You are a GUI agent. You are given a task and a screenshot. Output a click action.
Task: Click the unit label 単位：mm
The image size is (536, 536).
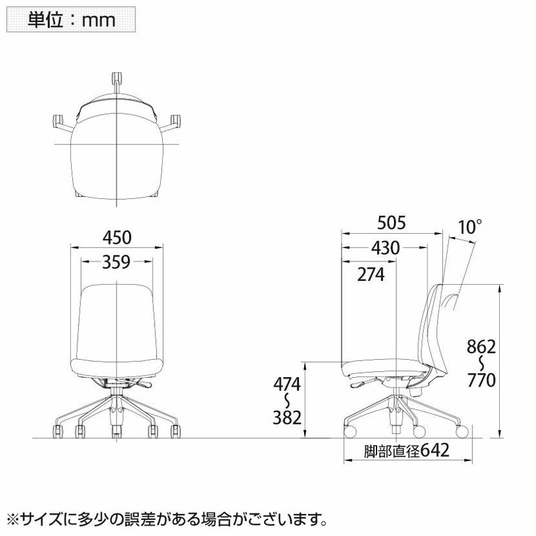point(71,19)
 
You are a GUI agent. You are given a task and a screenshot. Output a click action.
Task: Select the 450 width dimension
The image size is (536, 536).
point(117,238)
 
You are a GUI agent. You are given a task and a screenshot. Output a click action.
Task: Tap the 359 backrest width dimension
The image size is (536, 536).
point(116,262)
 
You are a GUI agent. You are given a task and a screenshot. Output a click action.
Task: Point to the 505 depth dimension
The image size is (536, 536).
point(392,223)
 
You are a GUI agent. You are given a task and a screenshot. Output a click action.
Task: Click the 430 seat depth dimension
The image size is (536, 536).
point(386,248)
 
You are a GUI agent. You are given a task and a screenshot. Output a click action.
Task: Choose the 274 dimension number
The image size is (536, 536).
point(371,274)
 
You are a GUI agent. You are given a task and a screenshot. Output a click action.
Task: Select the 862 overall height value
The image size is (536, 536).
point(481,347)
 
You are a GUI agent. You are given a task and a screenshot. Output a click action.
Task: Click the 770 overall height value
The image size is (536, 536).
point(481,380)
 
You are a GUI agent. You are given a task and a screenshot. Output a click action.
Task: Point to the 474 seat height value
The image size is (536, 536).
point(287,385)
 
